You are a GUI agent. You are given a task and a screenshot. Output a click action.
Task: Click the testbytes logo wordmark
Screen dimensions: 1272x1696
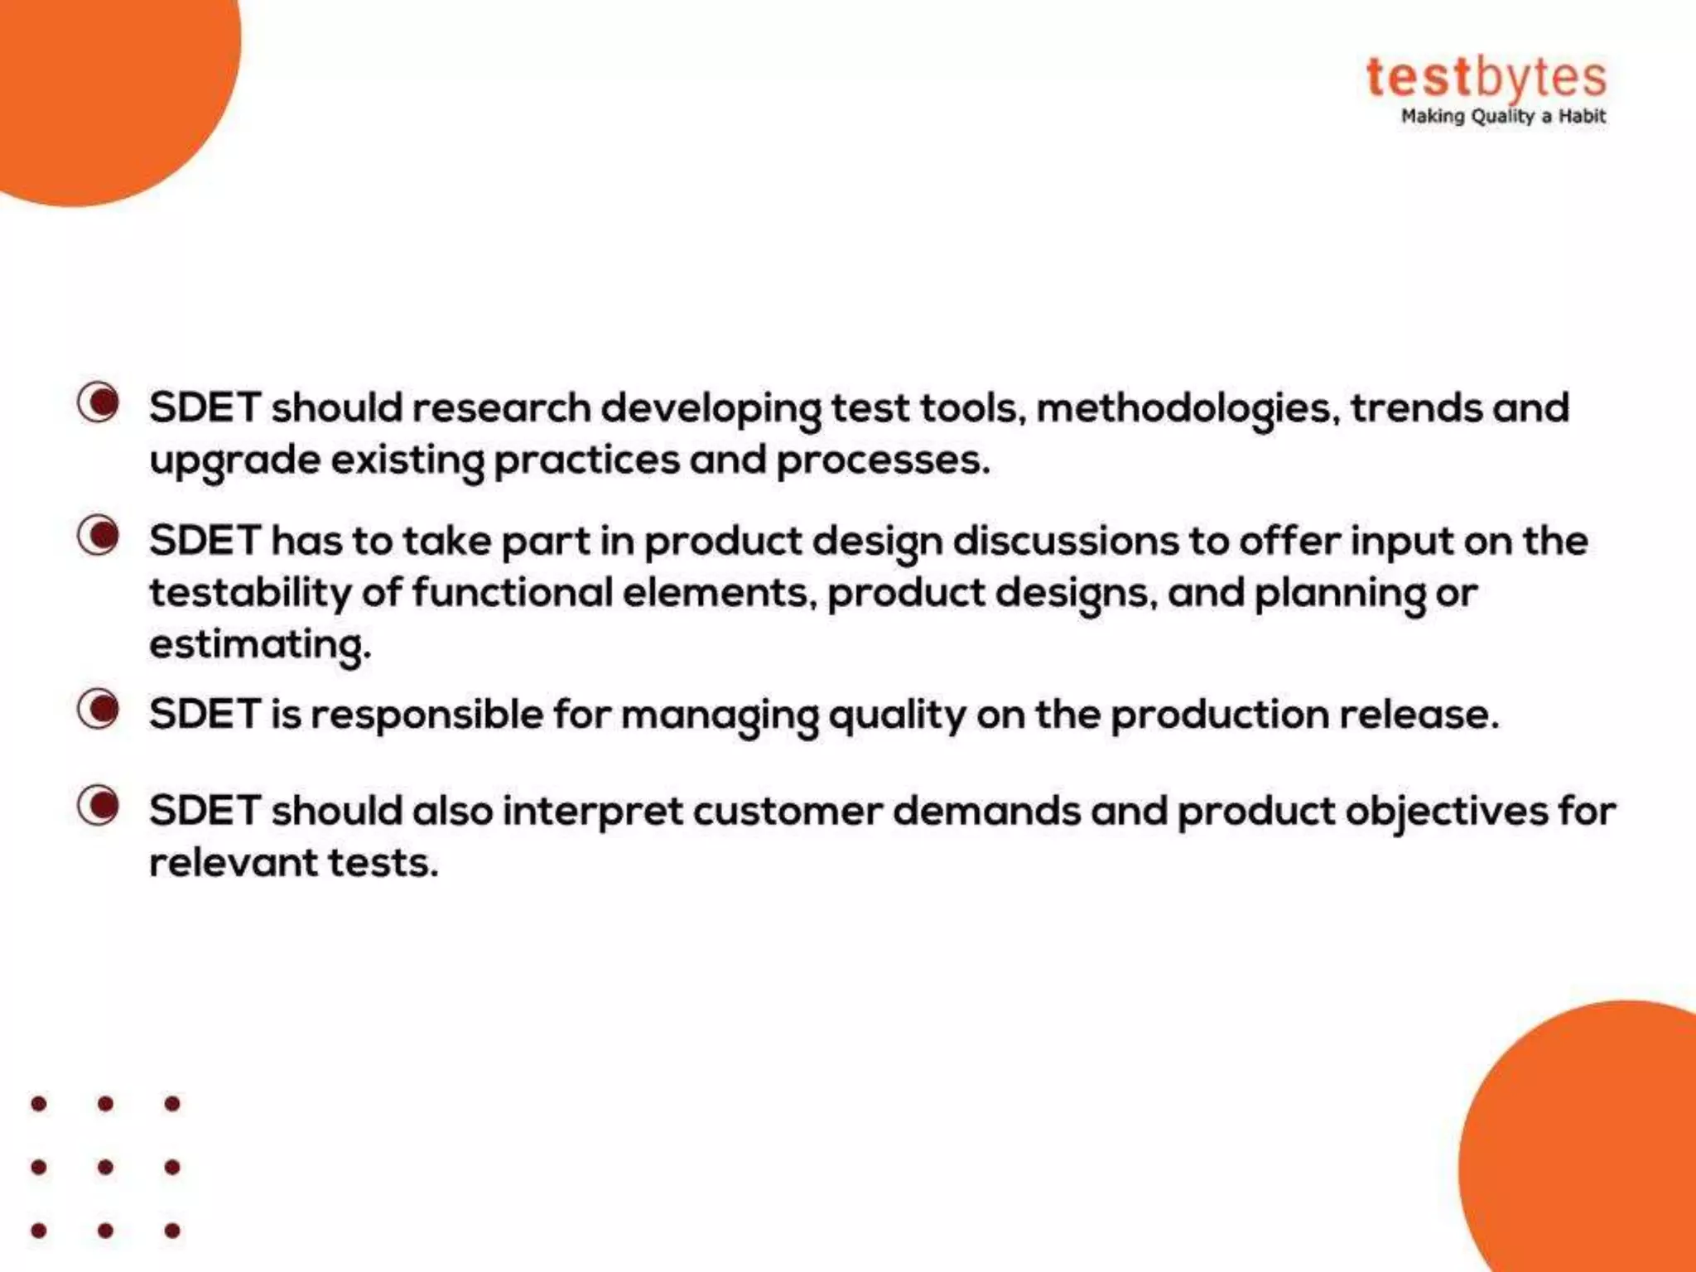click(x=1486, y=79)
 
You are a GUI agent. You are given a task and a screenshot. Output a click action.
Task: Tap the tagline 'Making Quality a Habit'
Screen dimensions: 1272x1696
click(x=1502, y=117)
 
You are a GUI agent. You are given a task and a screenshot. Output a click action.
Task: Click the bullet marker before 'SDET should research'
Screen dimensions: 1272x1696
click(x=99, y=402)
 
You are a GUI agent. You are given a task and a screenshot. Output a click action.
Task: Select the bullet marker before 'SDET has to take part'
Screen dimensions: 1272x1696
click(x=99, y=535)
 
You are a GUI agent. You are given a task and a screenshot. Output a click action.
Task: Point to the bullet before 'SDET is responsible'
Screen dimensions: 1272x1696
click(x=99, y=709)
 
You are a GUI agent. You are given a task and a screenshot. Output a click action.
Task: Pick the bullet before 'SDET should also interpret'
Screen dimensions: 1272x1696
click(x=99, y=805)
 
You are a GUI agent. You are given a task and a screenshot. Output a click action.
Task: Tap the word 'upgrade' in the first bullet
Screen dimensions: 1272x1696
click(x=234, y=461)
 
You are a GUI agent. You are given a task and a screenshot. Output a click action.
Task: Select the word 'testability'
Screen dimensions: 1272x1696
click(x=250, y=593)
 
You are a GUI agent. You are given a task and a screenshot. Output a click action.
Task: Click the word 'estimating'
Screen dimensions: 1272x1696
click(x=259, y=645)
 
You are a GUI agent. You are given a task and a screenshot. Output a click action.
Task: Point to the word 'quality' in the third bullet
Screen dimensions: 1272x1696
click(x=897, y=715)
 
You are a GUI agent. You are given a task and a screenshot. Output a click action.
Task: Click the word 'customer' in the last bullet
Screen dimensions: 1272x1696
click(x=788, y=811)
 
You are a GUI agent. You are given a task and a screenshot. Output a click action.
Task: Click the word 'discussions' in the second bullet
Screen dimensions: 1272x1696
click(x=1066, y=542)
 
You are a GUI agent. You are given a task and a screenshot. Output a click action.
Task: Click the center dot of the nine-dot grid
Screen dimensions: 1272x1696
click(x=105, y=1167)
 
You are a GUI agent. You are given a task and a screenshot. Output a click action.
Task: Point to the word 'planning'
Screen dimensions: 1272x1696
click(x=1339, y=594)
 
